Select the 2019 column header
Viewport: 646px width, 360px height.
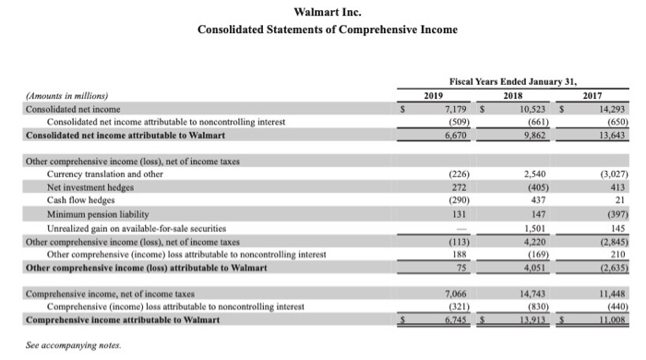tap(434, 94)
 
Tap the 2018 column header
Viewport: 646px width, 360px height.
tap(512, 94)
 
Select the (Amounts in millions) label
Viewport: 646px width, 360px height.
tap(67, 95)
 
